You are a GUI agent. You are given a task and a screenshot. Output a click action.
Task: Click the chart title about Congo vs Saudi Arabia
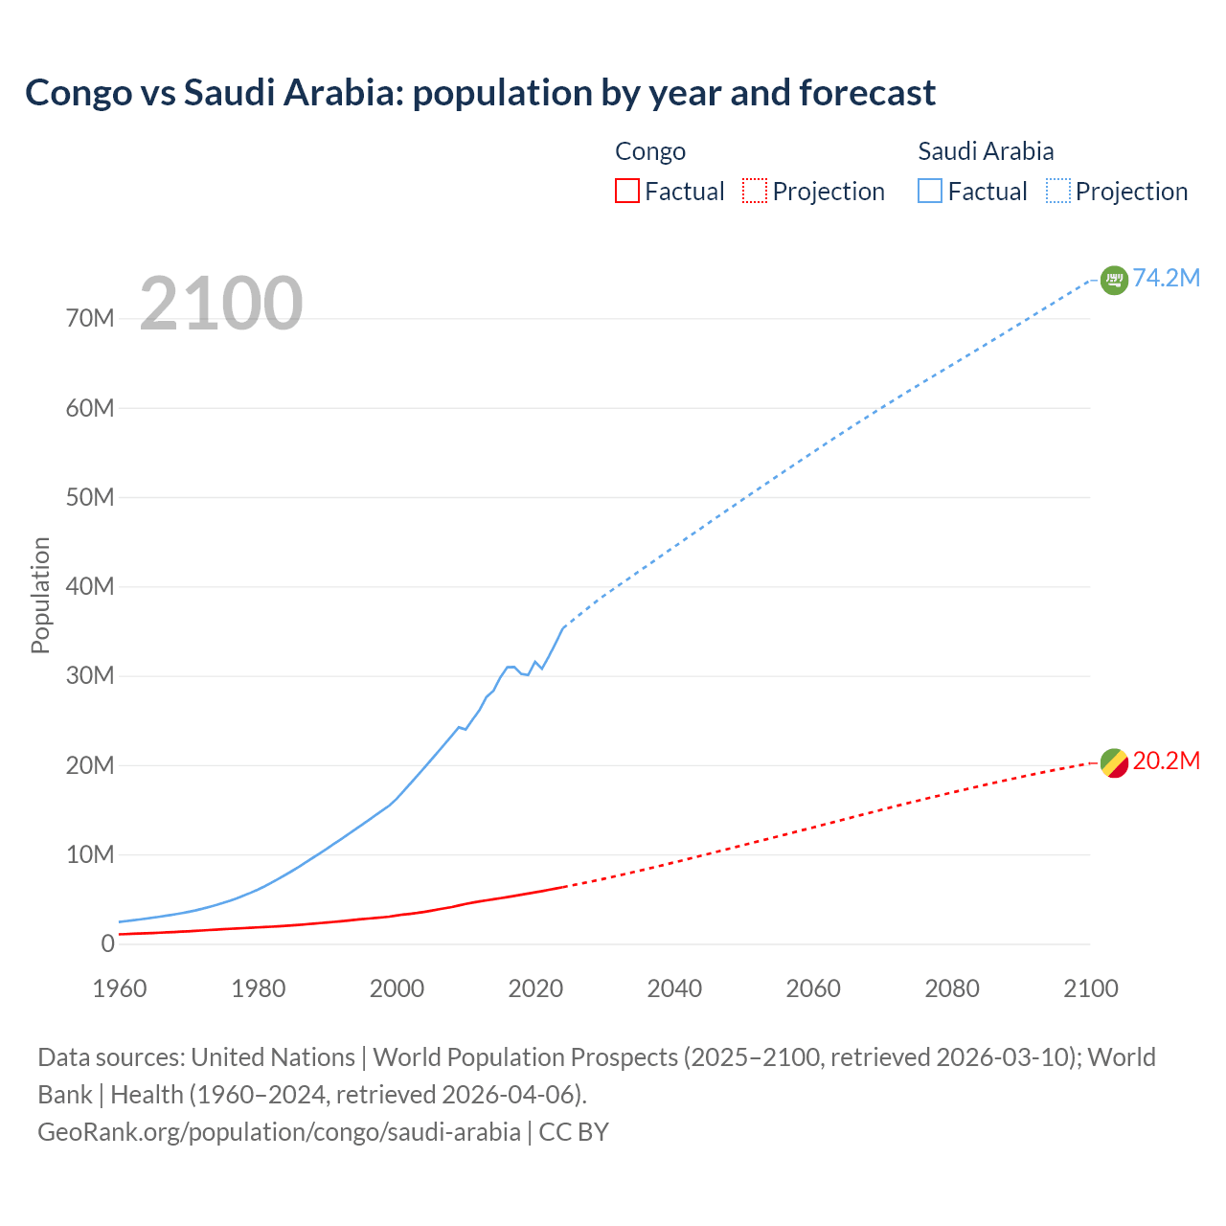[480, 93]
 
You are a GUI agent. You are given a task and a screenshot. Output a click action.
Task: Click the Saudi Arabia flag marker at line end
[1114, 280]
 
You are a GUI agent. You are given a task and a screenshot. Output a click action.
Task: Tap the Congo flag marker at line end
[1114, 763]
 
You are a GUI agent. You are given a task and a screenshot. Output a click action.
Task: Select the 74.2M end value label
[1166, 278]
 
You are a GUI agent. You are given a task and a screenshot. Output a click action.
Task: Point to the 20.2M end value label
[1166, 761]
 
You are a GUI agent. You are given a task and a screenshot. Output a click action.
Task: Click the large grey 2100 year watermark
[221, 304]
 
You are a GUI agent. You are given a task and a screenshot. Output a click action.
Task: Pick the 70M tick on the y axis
[90, 318]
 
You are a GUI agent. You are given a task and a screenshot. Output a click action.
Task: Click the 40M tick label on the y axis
[90, 586]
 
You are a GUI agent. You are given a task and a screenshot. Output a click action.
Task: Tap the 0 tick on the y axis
[107, 943]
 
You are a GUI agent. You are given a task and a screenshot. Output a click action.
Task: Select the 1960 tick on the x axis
[120, 988]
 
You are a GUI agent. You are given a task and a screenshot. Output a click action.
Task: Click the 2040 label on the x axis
[674, 988]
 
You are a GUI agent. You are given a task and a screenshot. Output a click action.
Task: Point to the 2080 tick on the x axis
[952, 988]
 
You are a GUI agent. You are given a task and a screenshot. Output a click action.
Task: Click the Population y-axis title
[40, 595]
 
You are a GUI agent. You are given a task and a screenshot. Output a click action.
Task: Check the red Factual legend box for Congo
[626, 191]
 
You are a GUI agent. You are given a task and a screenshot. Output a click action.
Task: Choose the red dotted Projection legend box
[755, 191]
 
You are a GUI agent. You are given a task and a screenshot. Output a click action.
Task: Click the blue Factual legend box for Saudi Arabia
[930, 191]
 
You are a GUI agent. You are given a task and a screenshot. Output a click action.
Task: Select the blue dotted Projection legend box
[1057, 191]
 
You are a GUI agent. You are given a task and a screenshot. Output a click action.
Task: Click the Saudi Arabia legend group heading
[986, 151]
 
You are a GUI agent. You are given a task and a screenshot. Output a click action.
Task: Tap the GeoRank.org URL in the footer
[279, 1131]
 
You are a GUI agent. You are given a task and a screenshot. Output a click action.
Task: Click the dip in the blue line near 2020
[527, 674]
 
